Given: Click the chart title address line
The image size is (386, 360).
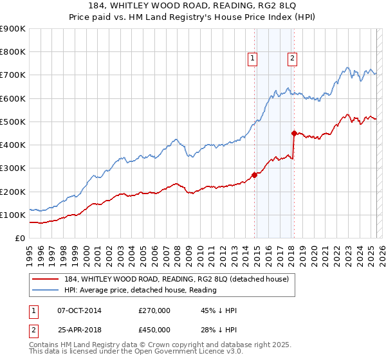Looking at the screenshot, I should tap(193, 7).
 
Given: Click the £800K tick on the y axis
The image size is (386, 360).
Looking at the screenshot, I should tap(13, 52).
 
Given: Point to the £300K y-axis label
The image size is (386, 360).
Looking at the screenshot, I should tap(13, 168).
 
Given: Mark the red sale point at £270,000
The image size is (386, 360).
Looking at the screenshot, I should tap(254, 175).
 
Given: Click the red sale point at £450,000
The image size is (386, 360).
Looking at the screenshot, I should tap(294, 133).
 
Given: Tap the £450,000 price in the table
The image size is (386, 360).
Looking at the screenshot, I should tap(154, 329).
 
